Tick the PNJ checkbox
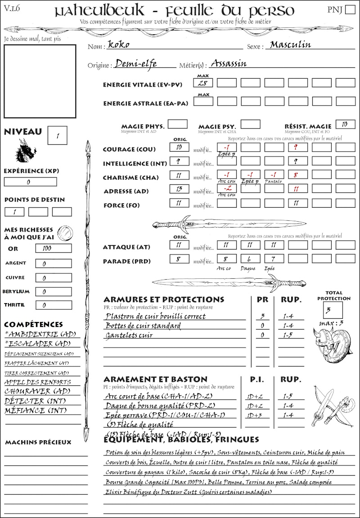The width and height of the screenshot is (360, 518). pos(349,10)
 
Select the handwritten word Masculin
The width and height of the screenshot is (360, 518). pos(290,45)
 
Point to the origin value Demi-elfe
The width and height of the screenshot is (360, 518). pos(136,64)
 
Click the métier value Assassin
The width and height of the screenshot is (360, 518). pos(229,63)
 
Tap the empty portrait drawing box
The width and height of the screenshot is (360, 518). pos(40,81)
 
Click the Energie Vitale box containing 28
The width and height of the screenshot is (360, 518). pos(203,83)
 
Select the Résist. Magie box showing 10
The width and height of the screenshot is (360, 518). pos(345,124)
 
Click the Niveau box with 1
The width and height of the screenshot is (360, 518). pos(58,135)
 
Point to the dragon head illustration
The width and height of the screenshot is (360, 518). pos(26,151)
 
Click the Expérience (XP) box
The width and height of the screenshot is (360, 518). pos(30,182)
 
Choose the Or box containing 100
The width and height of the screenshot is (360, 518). pos(53,248)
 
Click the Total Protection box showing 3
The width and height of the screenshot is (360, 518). pos(333,310)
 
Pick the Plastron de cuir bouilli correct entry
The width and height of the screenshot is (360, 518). pos(155,316)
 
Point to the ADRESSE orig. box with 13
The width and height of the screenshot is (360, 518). pos(179,190)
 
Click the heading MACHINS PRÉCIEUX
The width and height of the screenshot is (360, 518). pos(38,442)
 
